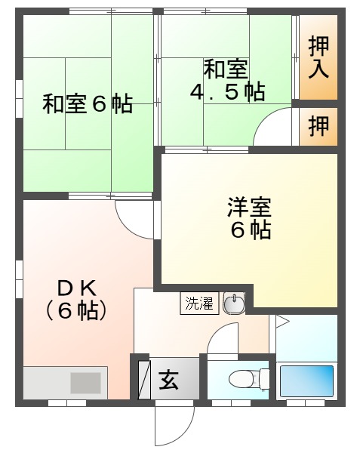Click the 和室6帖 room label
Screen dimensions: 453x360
tap(87, 104)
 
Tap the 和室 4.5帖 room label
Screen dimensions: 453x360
tap(226, 81)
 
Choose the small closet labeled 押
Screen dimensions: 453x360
tap(318, 127)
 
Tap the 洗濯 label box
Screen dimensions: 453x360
tap(200, 304)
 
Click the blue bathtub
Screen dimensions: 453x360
tap(306, 381)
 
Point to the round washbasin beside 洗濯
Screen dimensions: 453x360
tap(234, 304)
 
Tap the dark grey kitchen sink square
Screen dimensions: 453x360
tap(85, 382)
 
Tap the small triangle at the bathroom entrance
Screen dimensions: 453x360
tap(282, 322)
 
